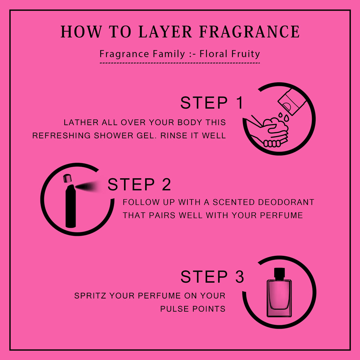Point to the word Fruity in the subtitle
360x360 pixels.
[245, 54]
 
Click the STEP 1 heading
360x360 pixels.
[212, 103]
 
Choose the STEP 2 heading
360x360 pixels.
[139, 184]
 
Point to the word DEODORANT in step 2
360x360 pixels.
[286, 202]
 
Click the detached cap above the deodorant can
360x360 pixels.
[67, 178]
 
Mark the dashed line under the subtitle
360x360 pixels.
[180, 63]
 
